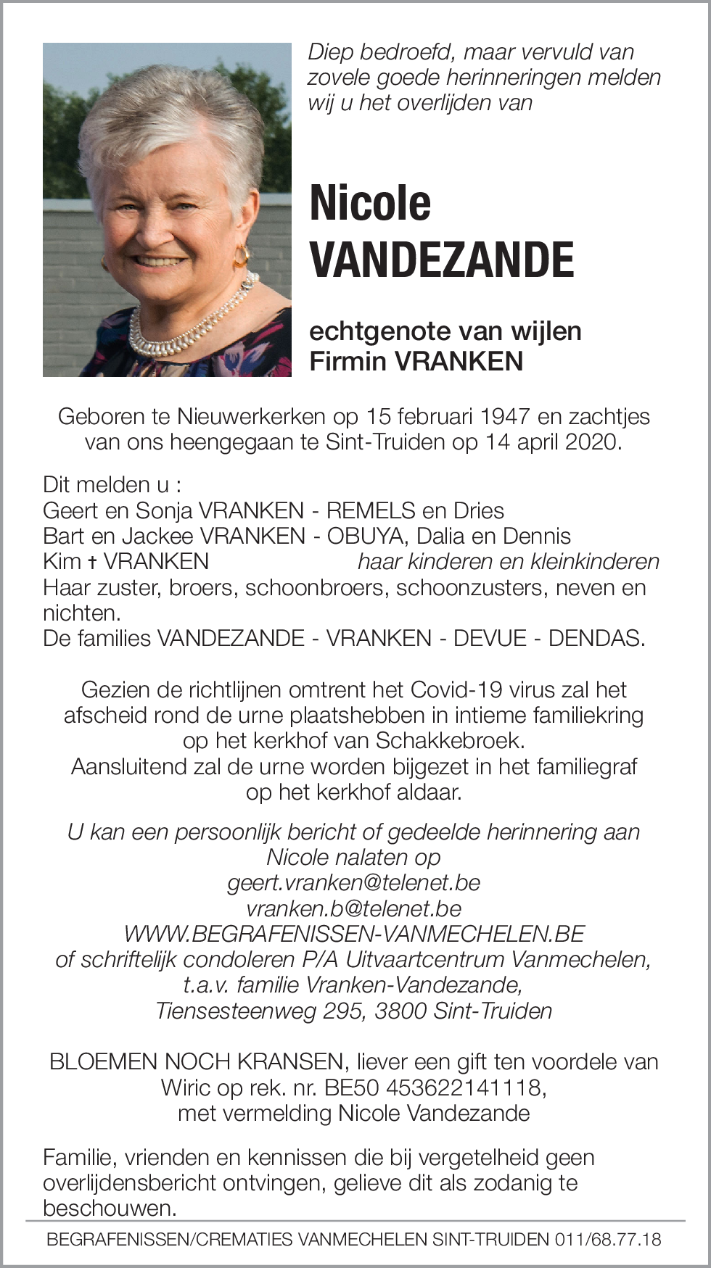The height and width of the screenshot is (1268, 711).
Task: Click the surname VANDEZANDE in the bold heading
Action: coord(442,260)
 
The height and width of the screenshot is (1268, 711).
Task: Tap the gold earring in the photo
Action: coord(242,256)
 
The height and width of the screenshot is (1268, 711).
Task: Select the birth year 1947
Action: coord(505,417)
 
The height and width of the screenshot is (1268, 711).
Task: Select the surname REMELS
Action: coord(371,510)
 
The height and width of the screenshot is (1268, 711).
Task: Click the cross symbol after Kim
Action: coord(92,562)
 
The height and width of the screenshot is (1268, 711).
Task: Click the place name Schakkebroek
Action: coord(449,740)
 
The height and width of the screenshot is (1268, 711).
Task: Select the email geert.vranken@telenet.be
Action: coord(354,882)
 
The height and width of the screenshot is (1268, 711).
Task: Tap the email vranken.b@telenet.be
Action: coord(354,908)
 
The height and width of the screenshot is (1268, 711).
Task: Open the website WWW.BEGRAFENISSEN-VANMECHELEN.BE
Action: coord(354,934)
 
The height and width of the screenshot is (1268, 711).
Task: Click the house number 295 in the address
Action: coord(342,1011)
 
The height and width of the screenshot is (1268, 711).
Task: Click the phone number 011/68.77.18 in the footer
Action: coord(608,1239)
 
